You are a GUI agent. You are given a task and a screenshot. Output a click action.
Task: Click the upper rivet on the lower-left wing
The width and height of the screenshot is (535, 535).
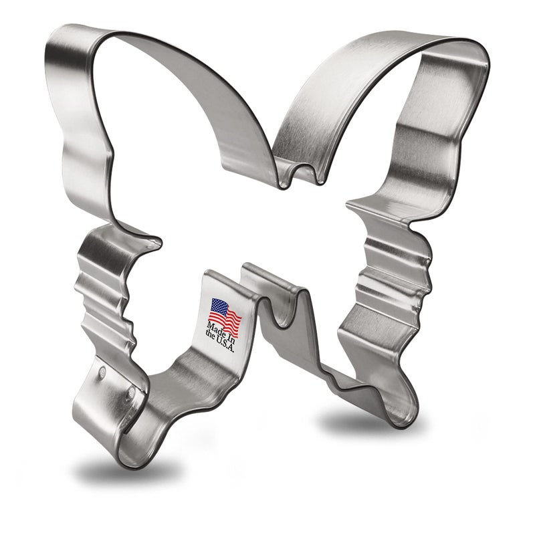tap(102, 370)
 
